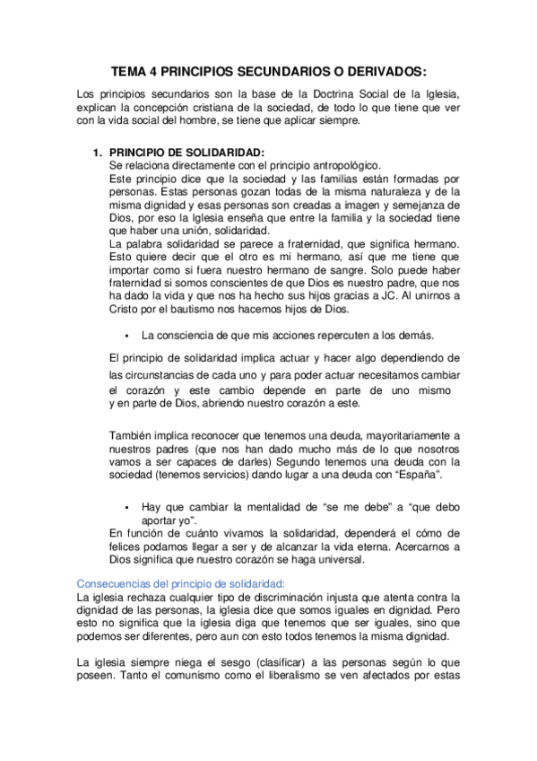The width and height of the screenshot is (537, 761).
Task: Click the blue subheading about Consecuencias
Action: point(181,582)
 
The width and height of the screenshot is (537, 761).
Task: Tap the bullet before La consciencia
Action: point(129,336)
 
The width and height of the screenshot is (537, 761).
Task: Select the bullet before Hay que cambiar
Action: point(129,507)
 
